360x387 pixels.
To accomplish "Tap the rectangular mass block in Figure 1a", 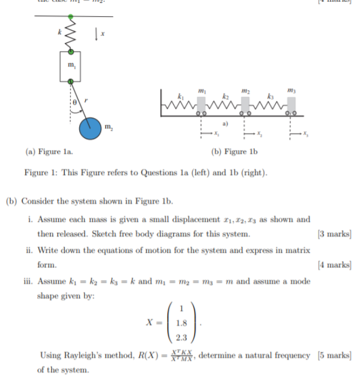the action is tap(71, 66).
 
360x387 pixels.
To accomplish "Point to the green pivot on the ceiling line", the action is tap(71, 17).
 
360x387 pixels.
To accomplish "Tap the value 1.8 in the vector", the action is tap(181, 322).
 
